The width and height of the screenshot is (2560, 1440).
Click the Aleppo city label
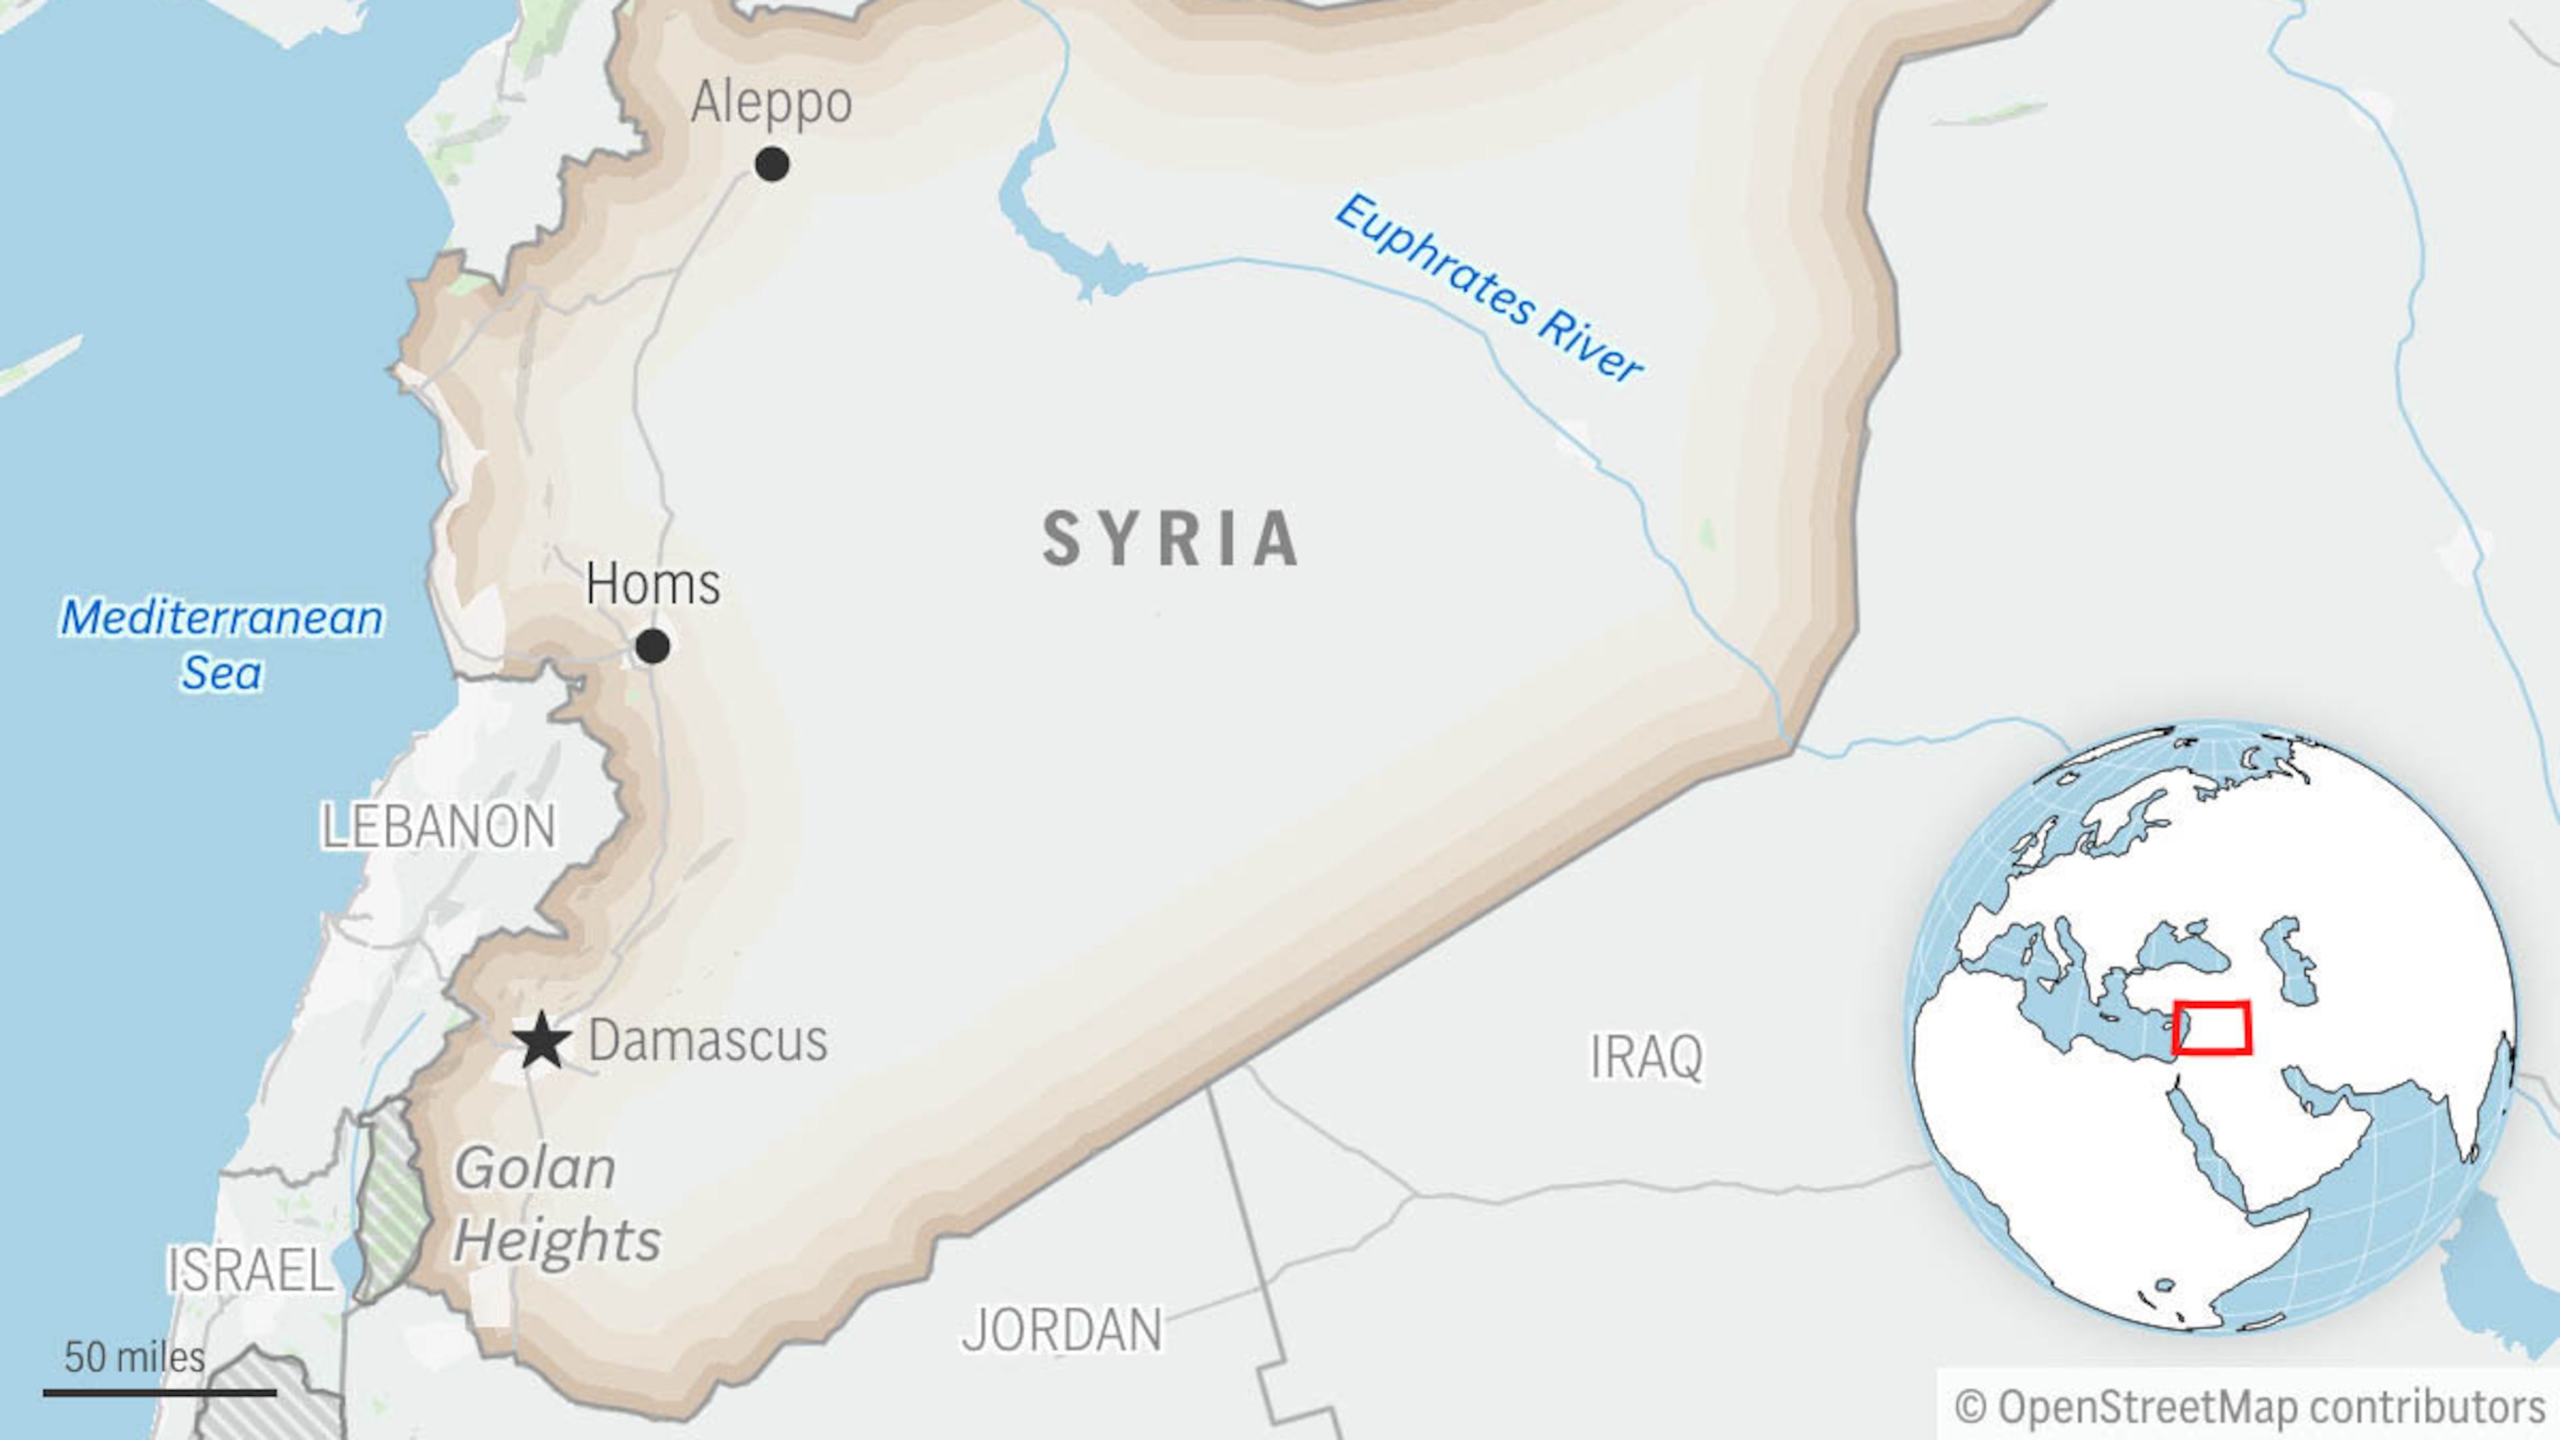pyautogui.click(x=771, y=103)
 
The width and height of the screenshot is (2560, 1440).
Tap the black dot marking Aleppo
pyautogui.click(x=772, y=164)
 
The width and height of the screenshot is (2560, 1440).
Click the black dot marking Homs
pyautogui.click(x=652, y=646)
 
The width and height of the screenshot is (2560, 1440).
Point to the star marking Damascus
pyautogui.click(x=541, y=1041)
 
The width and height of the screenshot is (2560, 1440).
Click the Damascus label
pyautogui.click(x=707, y=1041)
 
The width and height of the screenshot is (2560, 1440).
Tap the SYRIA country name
pyautogui.click(x=1171, y=539)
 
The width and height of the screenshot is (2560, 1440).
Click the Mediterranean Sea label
pyautogui.click(x=221, y=644)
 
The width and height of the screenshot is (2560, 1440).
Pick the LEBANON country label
pyautogui.click(x=437, y=826)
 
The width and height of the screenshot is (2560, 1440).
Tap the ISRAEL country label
pyautogui.click(x=249, y=1270)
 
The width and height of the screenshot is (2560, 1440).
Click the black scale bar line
pyautogui.click(x=159, y=1392)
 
